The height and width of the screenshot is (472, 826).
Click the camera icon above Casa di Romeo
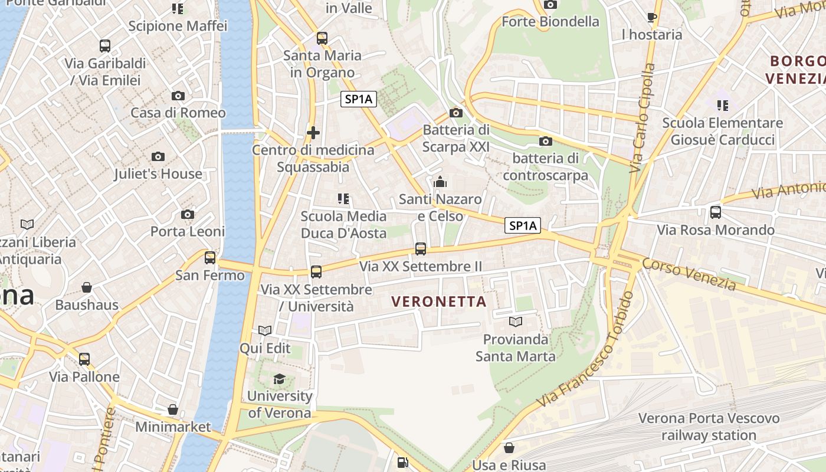178,96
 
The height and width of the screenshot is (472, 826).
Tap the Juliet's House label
158,173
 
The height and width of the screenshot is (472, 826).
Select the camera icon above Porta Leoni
188,214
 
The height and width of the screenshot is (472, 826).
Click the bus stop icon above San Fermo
210,257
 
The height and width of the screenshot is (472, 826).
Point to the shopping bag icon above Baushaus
87,287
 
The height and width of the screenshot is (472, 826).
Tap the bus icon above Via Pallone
84,359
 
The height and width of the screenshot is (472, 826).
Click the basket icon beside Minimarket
173,409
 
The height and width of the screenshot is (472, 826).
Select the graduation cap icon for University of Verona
279,379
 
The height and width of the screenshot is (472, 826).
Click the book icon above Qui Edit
265,331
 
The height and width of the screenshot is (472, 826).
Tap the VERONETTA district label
439,301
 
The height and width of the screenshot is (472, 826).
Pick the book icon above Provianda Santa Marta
516,322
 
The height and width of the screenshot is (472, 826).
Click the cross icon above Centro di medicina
313,133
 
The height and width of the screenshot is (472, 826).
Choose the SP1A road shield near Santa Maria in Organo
359,100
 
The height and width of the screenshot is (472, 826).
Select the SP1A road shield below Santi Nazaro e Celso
523,225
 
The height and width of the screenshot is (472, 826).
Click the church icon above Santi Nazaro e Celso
440,182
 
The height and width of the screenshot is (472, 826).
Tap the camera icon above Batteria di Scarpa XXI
456,113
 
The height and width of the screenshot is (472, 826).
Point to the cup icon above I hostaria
652,17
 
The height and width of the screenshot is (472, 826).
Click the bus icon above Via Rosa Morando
716,212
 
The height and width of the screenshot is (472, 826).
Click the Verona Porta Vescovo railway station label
709,427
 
